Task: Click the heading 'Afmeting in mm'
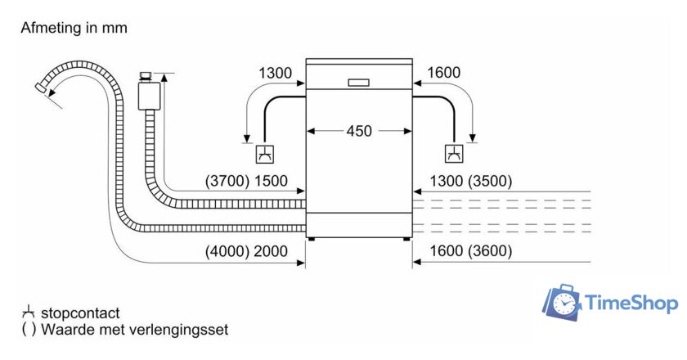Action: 74,29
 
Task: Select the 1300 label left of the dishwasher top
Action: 275,74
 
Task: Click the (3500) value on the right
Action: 490,182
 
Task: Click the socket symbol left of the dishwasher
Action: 265,153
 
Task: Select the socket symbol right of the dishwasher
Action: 453,153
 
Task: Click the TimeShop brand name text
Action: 631,304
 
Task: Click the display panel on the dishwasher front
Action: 359,82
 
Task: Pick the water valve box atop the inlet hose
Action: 148,94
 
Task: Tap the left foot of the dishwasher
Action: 311,240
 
